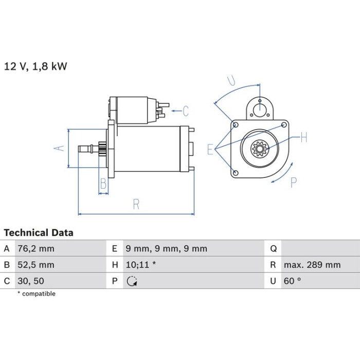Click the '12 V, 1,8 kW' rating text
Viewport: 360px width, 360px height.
pyautogui.click(x=35, y=66)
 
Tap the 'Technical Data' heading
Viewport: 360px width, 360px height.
pyautogui.click(x=39, y=233)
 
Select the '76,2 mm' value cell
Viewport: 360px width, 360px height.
pyautogui.click(x=36, y=248)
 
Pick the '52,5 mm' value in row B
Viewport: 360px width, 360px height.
pyautogui.click(x=36, y=265)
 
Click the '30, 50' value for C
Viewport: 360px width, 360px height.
pyautogui.click(x=31, y=281)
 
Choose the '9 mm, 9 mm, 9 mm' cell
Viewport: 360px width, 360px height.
pyautogui.click(x=167, y=248)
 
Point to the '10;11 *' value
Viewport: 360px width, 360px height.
pyautogui.click(x=141, y=265)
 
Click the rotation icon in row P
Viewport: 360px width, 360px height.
pyautogui.click(x=132, y=281)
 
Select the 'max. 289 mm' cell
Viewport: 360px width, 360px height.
pyautogui.click(x=312, y=265)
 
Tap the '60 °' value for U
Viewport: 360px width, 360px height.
pyautogui.click(x=292, y=281)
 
